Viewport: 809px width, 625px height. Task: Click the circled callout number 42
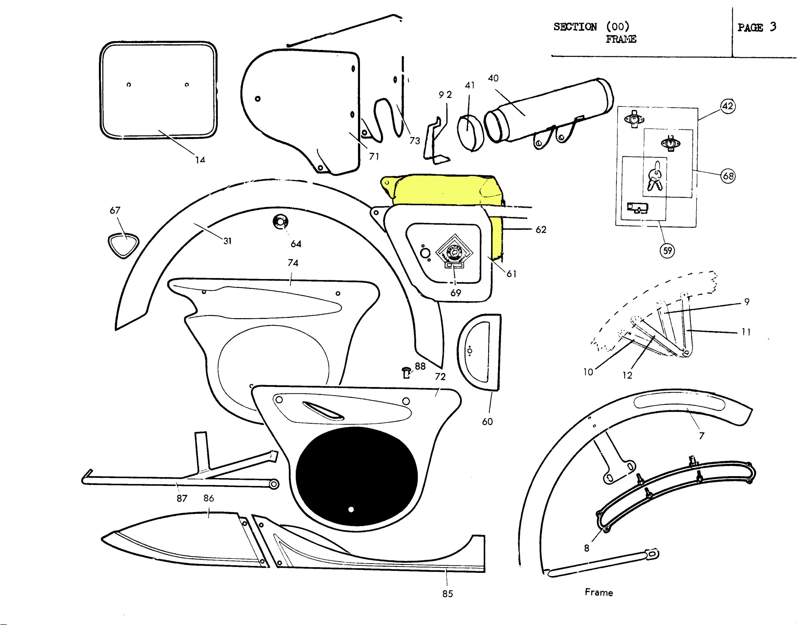728,106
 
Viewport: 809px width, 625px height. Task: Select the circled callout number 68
728,176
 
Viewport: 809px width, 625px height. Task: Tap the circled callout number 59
667,251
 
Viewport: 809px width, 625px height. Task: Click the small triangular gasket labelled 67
123,245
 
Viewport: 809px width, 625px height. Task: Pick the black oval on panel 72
356,476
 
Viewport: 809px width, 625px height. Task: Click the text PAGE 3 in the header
757,27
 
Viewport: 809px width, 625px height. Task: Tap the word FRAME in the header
621,39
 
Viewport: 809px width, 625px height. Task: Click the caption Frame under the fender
599,592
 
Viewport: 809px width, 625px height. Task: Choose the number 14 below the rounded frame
200,160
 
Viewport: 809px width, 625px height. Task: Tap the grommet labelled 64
280,221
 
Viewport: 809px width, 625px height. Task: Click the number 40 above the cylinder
493,78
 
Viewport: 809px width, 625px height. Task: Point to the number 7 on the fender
701,436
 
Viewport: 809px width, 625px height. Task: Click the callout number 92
445,95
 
